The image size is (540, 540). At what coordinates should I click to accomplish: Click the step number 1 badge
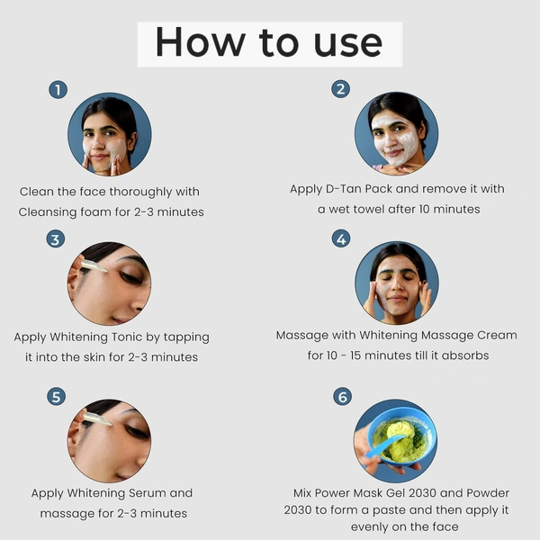pos(58,89)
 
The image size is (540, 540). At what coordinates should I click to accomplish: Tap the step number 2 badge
pos(340,88)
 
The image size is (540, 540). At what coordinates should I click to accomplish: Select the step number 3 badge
pos(56,239)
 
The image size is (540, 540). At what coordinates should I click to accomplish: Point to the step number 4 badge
pos(340,238)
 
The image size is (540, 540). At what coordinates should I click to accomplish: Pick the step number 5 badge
pos(56,396)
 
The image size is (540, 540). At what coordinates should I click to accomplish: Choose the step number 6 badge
pos(341,397)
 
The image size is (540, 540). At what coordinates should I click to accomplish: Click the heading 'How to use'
pos(269,43)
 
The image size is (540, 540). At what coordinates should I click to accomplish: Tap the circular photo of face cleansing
pos(109,134)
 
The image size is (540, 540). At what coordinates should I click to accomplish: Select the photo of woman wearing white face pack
pos(396,134)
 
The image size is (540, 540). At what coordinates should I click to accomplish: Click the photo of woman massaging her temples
pos(396,283)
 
